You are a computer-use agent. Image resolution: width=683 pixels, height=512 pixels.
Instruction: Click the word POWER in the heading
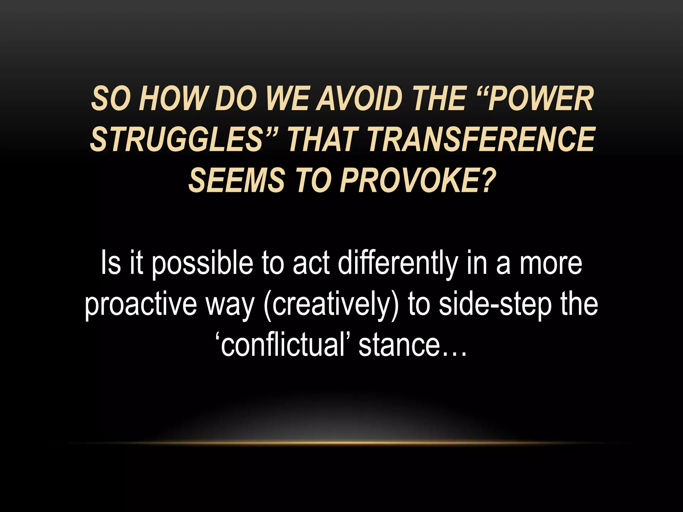point(541,99)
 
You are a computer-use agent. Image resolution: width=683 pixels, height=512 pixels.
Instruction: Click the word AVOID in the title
point(357,99)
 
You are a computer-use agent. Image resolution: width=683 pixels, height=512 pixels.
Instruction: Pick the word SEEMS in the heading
point(234,180)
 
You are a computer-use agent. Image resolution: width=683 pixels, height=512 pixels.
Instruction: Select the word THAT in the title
point(321,139)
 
